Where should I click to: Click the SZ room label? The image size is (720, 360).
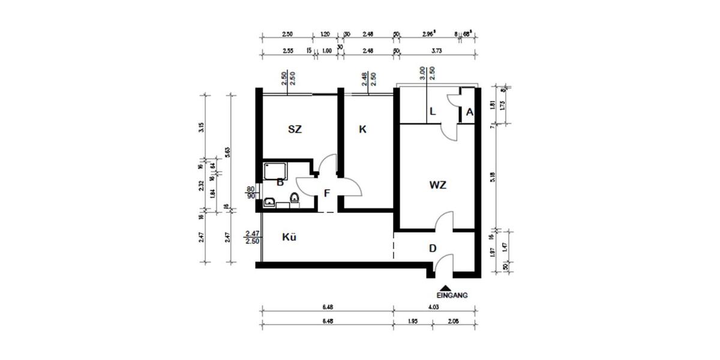pos(294,129)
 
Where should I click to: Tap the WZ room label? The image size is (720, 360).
pos(437,185)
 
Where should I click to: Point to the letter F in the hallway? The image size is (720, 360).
pos(326,193)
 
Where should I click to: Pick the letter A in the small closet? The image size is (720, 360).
pos(469,112)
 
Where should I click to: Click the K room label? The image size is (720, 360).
pos(362,129)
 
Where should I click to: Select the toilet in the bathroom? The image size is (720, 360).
pos(294,198)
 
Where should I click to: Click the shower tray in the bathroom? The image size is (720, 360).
pos(275,170)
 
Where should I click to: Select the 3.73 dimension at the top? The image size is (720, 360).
pos(437,51)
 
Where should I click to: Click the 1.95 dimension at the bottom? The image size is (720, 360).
pos(413,322)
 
